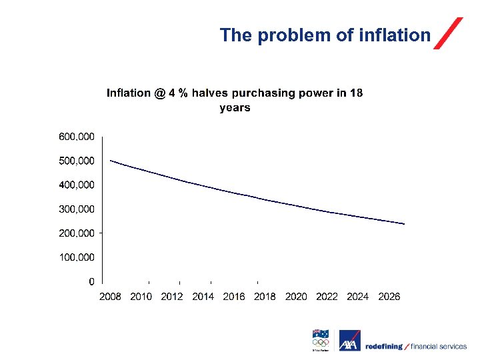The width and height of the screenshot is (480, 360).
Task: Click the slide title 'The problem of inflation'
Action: [x=325, y=35]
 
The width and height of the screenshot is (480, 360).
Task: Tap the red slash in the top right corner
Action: [x=448, y=33]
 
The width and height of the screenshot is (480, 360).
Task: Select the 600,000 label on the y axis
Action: [x=77, y=137]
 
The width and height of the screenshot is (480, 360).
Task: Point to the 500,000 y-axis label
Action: [x=77, y=161]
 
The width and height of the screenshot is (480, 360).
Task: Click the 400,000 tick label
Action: [x=77, y=185]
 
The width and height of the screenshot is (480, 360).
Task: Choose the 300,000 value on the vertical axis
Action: [x=77, y=209]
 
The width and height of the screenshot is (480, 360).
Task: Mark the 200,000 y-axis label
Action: [x=77, y=233]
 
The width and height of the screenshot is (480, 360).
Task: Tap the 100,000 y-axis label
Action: [x=77, y=257]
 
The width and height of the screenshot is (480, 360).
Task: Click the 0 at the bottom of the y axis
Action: [x=91, y=281]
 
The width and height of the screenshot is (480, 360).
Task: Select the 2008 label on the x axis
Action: [x=110, y=297]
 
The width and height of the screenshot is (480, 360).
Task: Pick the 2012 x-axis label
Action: [x=172, y=297]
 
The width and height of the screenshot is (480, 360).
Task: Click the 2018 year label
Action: [x=265, y=297]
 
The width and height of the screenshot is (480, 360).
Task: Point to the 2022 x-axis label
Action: [x=327, y=297]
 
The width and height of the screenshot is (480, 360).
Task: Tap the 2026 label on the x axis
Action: [x=389, y=297]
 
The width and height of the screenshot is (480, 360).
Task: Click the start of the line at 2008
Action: [x=111, y=161]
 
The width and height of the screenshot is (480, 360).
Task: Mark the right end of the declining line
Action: [x=404, y=224]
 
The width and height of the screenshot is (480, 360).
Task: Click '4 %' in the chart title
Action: [x=178, y=93]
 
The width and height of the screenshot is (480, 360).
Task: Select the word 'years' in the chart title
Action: [x=235, y=108]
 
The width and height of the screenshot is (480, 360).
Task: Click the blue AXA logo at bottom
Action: [x=350, y=341]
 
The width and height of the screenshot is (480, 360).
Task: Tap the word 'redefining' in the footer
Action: [x=385, y=347]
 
